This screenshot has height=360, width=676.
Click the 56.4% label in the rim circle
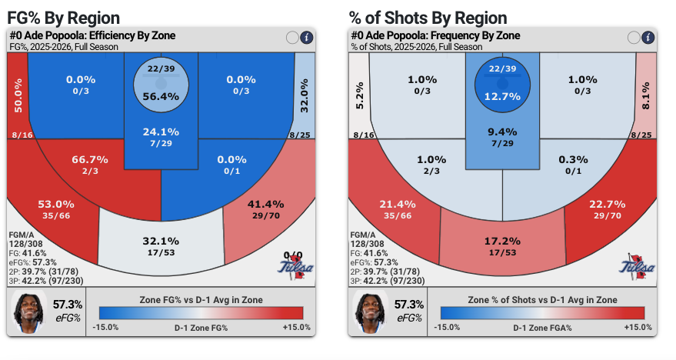click(x=161, y=96)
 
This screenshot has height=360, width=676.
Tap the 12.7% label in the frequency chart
click(x=502, y=96)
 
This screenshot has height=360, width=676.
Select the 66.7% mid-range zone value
click(x=90, y=159)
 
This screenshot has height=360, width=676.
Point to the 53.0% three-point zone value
click(x=56, y=204)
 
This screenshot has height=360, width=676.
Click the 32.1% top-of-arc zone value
click(x=161, y=241)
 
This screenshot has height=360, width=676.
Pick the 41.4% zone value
click(x=265, y=204)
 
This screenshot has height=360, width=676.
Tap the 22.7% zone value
click(x=607, y=204)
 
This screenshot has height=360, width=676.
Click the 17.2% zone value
click(x=502, y=241)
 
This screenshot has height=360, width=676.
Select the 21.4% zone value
click(x=398, y=204)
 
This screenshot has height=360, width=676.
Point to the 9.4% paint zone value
click(x=502, y=132)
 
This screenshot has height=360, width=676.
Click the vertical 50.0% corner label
click(x=18, y=95)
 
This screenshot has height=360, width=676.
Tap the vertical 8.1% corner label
click(x=645, y=95)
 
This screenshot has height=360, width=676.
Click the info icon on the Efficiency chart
click(x=306, y=38)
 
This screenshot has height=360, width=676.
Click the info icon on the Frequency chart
click(x=648, y=38)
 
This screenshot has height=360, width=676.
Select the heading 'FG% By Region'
click(x=63, y=18)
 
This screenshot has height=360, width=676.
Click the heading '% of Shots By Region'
click(x=428, y=18)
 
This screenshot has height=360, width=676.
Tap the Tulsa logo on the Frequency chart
click(x=637, y=266)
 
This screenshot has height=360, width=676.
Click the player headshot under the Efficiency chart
click(x=29, y=312)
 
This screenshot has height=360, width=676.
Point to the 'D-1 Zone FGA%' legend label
click(x=542, y=328)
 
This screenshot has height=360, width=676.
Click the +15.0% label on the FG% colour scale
click(x=297, y=327)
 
